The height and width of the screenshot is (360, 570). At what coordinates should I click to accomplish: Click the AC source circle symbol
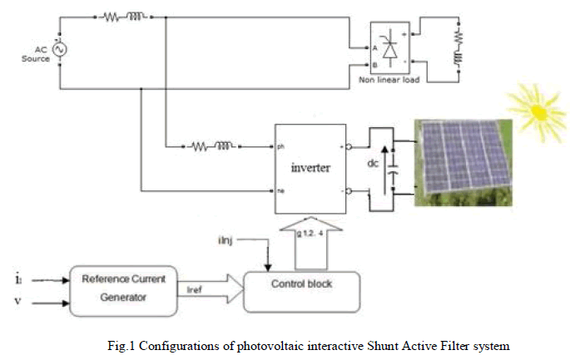[59, 49]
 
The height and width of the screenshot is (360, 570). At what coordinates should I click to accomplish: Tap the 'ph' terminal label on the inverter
[281, 147]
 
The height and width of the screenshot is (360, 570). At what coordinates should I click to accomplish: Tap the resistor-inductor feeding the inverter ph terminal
[213, 147]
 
